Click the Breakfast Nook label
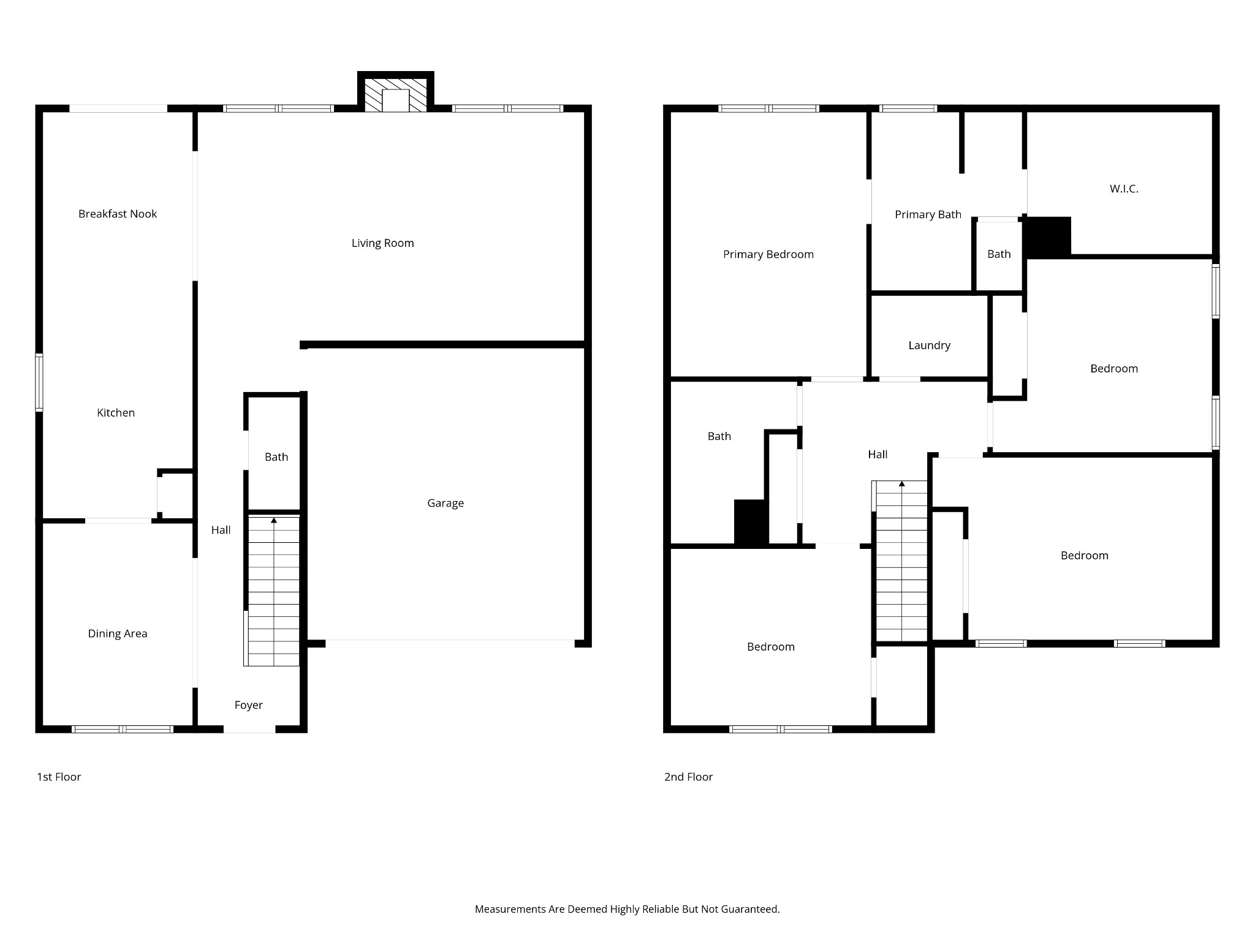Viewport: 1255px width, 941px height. pyautogui.click(x=118, y=214)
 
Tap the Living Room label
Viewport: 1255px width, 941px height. pyautogui.click(x=382, y=243)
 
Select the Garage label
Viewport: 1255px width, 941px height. pyautogui.click(x=446, y=503)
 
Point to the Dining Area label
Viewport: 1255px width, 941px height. pyautogui.click(x=118, y=633)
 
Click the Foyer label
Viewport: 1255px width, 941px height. pyautogui.click(x=248, y=705)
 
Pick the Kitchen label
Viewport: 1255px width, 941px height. pyautogui.click(x=116, y=413)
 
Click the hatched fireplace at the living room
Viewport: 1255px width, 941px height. pyautogui.click(x=396, y=95)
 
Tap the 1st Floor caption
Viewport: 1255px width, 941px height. pyautogui.click(x=59, y=777)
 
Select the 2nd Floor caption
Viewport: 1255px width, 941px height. pyautogui.click(x=688, y=777)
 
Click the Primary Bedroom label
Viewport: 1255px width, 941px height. pyautogui.click(x=768, y=254)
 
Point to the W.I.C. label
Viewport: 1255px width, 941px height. pyautogui.click(x=1124, y=189)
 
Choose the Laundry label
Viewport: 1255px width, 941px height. pyautogui.click(x=929, y=346)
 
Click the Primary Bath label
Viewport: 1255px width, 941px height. pyautogui.click(x=928, y=214)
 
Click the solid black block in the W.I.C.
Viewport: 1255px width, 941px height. pyautogui.click(x=1048, y=237)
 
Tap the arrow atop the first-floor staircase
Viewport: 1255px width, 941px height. pyautogui.click(x=274, y=521)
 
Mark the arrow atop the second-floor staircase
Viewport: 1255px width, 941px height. pyautogui.click(x=902, y=484)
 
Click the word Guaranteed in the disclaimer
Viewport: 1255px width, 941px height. pyautogui.click(x=749, y=910)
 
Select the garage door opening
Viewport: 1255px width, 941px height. pyautogui.click(x=450, y=644)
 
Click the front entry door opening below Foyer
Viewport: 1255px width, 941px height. pyautogui.click(x=249, y=729)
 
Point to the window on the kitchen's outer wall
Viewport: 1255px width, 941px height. pyautogui.click(x=39, y=382)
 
